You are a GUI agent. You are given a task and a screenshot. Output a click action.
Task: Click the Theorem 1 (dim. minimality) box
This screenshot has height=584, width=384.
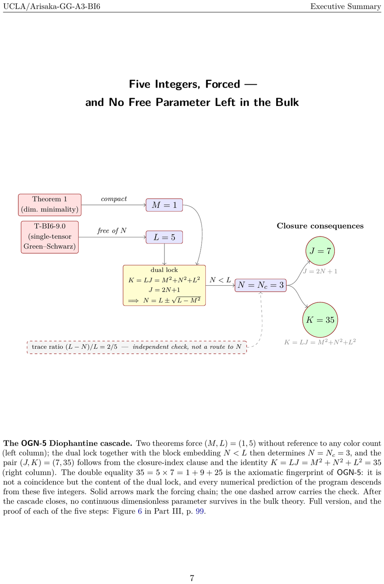(x=50, y=205)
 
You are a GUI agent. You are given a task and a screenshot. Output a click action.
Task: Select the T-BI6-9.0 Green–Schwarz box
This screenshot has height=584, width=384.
(x=50, y=237)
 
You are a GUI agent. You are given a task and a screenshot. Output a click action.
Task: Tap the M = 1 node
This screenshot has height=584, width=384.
(x=164, y=205)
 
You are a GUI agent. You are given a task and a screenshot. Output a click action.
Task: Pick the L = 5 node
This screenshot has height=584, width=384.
(x=164, y=237)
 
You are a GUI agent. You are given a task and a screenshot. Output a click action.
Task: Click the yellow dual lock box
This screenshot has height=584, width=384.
(x=164, y=285)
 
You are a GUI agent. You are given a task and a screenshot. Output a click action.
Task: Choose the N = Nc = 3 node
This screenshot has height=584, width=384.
(x=261, y=285)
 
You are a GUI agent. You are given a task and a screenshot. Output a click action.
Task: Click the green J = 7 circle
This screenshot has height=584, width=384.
(x=320, y=251)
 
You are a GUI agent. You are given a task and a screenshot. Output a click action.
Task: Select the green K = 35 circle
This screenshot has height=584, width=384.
(x=320, y=320)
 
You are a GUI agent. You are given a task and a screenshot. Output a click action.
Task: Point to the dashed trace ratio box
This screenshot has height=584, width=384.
(x=137, y=347)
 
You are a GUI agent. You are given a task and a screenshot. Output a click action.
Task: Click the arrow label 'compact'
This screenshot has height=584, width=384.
(x=114, y=199)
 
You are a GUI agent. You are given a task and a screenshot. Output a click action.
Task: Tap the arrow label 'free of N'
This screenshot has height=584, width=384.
(x=112, y=231)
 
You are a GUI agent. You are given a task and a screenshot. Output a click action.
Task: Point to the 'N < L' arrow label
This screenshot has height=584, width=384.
(x=220, y=280)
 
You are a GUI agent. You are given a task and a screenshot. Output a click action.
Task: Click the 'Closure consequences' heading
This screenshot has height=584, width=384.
(x=320, y=226)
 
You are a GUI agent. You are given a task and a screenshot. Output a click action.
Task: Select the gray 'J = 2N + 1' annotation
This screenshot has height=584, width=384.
(x=320, y=272)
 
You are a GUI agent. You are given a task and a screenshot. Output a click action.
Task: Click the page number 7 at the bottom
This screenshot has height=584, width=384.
(x=192, y=578)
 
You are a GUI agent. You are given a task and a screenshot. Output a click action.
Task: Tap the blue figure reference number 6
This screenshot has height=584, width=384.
(x=140, y=511)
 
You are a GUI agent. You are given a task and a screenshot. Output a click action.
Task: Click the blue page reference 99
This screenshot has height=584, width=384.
(x=199, y=511)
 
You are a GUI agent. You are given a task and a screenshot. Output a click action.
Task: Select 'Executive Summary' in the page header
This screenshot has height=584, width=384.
(x=346, y=6)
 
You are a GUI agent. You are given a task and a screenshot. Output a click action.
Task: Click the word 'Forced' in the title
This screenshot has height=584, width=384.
(x=222, y=84)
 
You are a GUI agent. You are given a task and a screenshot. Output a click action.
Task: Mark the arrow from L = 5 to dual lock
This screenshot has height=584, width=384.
(x=164, y=254)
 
